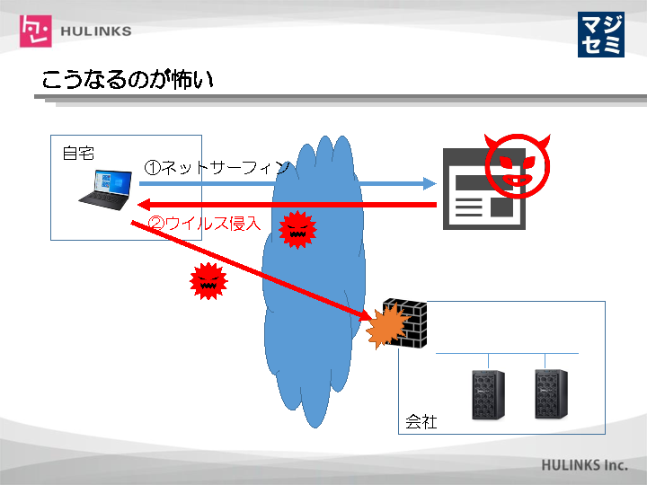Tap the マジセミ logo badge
coord(600,34)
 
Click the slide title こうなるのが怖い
coord(128,81)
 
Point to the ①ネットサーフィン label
coord(217,167)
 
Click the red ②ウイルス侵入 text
coord(204,224)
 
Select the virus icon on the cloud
coord(297,230)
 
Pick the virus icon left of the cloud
coord(208,282)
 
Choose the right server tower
coord(550,393)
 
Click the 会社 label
coord(421,421)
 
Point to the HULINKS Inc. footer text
coord(583,466)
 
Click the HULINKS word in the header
coord(95,31)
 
